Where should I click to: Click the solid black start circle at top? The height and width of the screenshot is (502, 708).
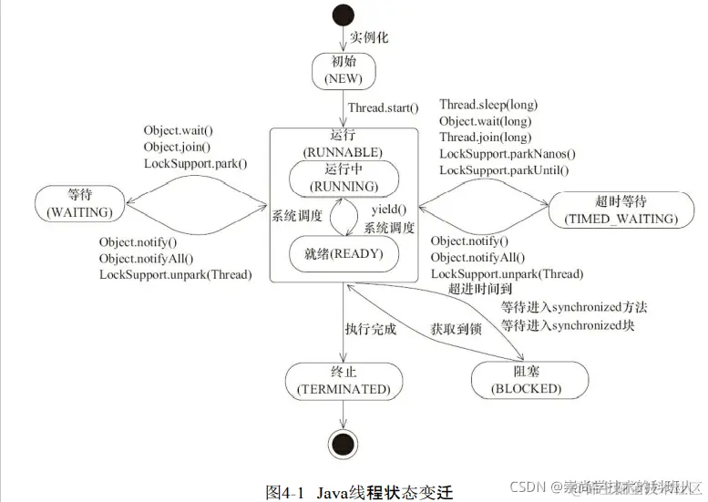[x=343, y=15]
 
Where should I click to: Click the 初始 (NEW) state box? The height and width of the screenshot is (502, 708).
[x=343, y=71]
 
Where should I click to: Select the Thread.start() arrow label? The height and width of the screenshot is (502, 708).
[x=383, y=108]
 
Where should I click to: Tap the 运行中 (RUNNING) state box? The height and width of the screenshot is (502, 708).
[x=343, y=178]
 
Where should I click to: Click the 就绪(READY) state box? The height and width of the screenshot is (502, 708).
[x=343, y=253]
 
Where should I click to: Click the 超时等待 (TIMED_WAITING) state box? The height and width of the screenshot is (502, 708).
[x=615, y=210]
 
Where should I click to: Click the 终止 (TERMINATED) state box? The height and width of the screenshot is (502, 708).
[x=343, y=380]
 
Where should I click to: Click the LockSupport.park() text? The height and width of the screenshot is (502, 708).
[x=195, y=163]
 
